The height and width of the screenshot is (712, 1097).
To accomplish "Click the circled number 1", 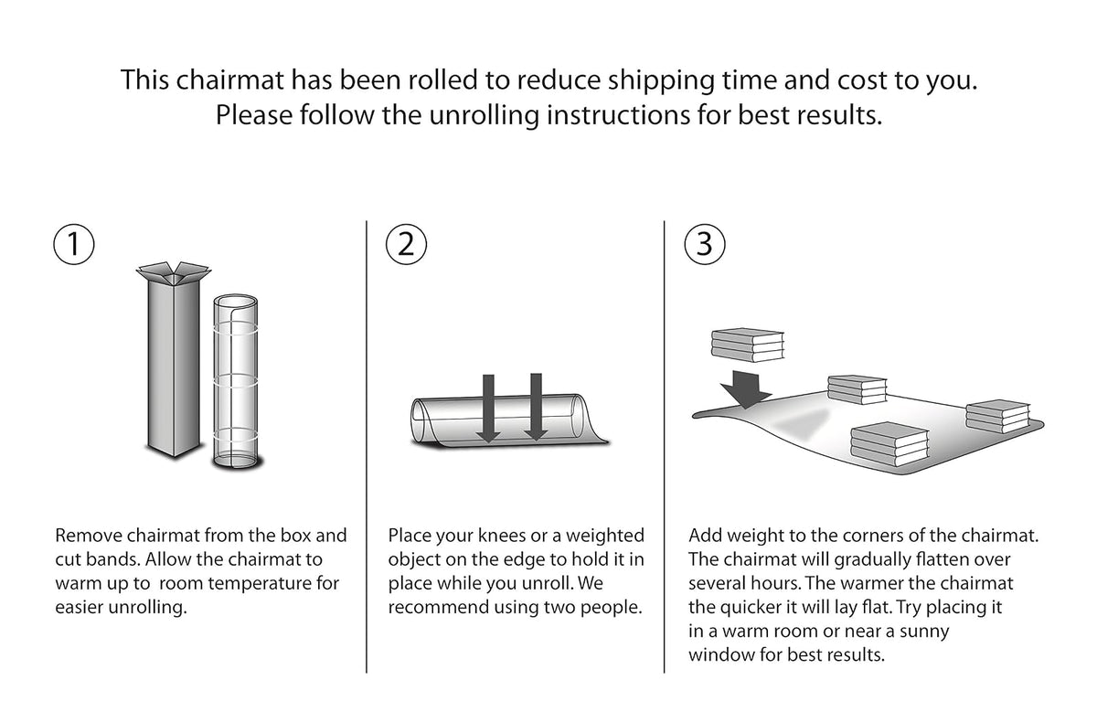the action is (73, 244).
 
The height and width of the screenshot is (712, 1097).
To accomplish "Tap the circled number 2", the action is (406, 244).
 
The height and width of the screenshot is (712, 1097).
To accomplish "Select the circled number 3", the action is (704, 244).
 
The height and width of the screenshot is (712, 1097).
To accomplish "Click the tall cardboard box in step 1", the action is (174, 362).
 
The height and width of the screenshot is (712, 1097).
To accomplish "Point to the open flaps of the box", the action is (174, 272).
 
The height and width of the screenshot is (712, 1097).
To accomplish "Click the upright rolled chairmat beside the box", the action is (236, 381).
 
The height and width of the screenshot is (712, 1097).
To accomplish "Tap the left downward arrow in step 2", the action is (488, 408).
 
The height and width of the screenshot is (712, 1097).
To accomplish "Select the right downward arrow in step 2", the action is (536, 407).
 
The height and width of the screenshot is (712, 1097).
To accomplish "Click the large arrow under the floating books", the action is (745, 389).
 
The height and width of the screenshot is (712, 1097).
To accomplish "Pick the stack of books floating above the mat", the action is (748, 345).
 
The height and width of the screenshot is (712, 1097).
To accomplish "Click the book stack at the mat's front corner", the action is (889, 444).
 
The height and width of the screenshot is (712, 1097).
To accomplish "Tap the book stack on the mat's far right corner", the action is (998, 416).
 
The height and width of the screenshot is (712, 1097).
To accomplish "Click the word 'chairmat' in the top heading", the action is (229, 80).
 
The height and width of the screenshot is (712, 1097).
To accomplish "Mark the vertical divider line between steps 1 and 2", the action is (367, 447).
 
